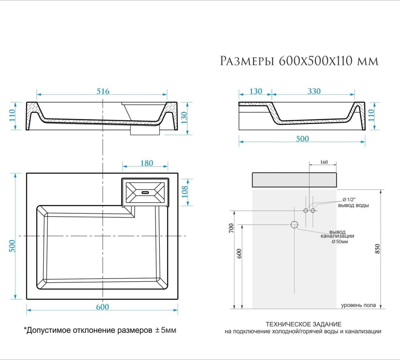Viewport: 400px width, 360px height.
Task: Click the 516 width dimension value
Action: (x=103, y=91)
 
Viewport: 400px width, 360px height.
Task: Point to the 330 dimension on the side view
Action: (x=314, y=91)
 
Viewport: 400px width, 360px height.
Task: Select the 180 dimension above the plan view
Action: (x=146, y=163)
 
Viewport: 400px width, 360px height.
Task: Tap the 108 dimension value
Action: (x=185, y=192)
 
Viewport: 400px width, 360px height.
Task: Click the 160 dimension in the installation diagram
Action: (x=323, y=162)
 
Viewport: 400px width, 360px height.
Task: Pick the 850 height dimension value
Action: (x=378, y=249)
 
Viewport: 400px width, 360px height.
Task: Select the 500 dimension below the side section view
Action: (x=302, y=139)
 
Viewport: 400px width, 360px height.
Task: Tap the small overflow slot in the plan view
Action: (x=145, y=192)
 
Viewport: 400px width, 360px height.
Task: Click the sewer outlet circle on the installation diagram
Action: (x=294, y=224)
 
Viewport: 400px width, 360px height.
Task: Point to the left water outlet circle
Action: (x=306, y=211)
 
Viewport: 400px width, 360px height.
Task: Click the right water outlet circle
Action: (x=313, y=211)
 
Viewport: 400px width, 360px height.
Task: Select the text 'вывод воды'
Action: (x=353, y=205)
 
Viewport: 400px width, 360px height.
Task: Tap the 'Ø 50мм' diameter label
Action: (x=340, y=242)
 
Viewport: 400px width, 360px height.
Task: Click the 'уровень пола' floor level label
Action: (x=358, y=305)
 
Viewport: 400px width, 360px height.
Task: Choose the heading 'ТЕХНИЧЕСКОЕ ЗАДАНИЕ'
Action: (x=304, y=324)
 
